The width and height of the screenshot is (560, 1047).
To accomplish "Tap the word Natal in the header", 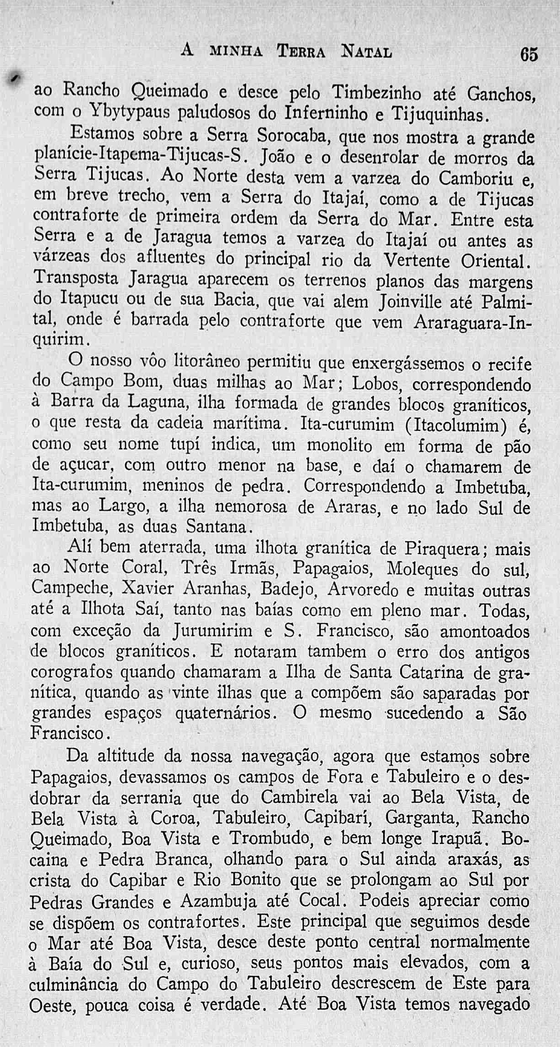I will tap(367, 51).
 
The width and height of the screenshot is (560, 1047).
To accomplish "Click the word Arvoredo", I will tap(363, 589).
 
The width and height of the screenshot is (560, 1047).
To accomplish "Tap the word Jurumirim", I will tap(212, 631).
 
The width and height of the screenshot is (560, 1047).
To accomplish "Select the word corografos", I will tap(72, 673).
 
